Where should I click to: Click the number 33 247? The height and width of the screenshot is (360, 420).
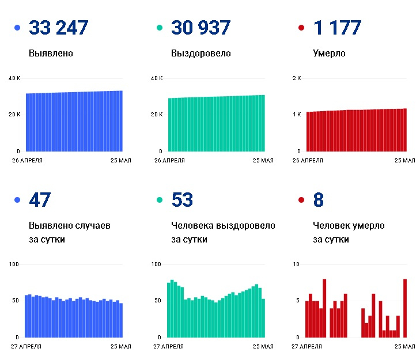[x=58, y=28]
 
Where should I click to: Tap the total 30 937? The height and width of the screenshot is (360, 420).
[x=200, y=28]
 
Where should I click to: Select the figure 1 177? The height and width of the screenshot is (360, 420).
[x=337, y=28]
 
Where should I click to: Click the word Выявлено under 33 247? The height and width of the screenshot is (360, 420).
[x=51, y=54]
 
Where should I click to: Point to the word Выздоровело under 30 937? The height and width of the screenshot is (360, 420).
[x=201, y=54]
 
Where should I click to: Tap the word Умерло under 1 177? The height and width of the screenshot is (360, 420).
[x=329, y=54]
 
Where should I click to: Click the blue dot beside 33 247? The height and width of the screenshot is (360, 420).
[x=17, y=28]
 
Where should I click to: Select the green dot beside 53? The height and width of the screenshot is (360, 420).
[x=160, y=200]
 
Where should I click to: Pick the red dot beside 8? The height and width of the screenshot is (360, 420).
[x=301, y=200]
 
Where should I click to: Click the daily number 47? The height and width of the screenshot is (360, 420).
[x=40, y=200]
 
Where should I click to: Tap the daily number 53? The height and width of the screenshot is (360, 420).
[x=182, y=200]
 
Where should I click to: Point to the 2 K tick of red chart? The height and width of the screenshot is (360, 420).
[x=297, y=78]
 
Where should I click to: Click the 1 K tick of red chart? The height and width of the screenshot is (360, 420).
[x=297, y=115]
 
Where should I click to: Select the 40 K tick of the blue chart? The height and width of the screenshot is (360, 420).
[x=14, y=78]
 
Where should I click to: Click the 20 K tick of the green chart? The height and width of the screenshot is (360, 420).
[x=156, y=115]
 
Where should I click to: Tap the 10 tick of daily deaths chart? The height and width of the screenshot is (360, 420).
[x=297, y=264]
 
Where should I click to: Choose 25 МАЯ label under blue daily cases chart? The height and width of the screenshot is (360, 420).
[x=119, y=347]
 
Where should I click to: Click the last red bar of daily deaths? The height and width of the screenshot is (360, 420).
[x=405, y=308]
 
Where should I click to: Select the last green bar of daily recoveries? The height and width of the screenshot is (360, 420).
[x=263, y=317]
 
